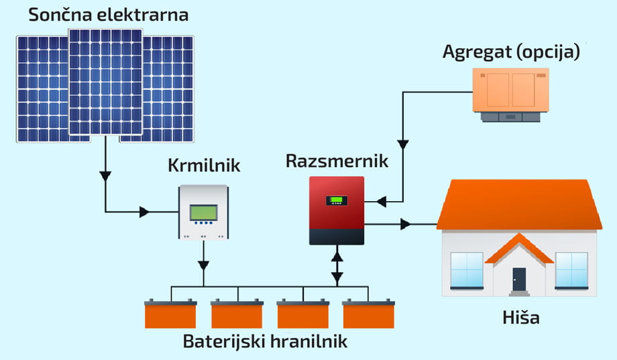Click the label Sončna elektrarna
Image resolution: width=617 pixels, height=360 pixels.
pos(108,13)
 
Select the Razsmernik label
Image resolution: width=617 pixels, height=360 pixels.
pos(337,161)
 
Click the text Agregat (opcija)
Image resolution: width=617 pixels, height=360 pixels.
pos(511,52)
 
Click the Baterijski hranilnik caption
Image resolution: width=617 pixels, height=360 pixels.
pos(265,341)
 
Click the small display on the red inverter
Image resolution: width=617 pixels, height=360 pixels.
pos(337,200)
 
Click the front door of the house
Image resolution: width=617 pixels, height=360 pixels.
pos(519,278)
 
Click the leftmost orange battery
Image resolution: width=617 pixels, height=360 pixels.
pos(171,314)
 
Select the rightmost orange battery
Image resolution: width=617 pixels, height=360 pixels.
pos(368,314)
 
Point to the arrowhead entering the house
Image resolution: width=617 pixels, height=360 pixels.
pos(405,224)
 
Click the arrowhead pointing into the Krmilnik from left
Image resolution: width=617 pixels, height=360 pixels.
pos(144,212)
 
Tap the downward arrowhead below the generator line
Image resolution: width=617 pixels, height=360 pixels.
pos(402,144)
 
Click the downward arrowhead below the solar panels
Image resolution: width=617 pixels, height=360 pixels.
pos(105,176)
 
